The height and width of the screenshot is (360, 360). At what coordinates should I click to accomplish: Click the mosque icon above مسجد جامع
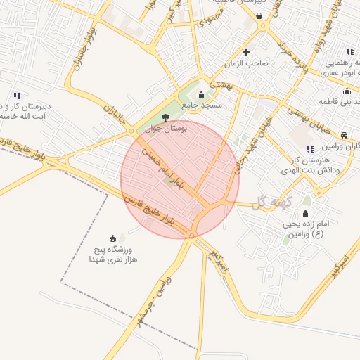202,94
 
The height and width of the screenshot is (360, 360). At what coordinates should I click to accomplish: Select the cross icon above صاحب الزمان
246,52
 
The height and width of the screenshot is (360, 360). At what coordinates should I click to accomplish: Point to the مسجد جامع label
202,105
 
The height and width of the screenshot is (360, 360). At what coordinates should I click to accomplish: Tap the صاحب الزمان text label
247,63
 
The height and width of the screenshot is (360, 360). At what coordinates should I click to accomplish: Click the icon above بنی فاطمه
346,91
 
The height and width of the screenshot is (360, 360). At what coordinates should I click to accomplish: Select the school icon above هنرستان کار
310,148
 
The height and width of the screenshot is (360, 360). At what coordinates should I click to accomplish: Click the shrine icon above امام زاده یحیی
305,213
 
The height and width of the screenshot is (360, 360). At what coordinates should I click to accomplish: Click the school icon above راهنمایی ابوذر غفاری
349,51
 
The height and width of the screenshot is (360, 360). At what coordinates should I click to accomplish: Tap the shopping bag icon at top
259,15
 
